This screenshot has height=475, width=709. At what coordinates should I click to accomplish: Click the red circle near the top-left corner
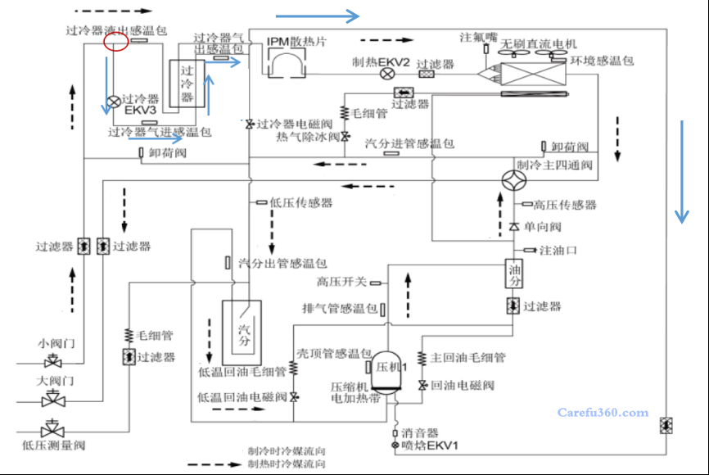pyautogui.click(x=116, y=43)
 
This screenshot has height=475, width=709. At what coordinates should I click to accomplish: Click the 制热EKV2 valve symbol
pyautogui.click(x=387, y=74)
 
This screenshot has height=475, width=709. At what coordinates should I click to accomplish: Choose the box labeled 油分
pyautogui.click(x=514, y=274)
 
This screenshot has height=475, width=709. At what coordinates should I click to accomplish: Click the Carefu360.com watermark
pyautogui.click(x=603, y=413)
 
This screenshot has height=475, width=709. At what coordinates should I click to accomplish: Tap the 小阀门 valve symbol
pyautogui.click(x=53, y=361)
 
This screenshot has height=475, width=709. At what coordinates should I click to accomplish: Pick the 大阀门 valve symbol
pyautogui.click(x=53, y=399)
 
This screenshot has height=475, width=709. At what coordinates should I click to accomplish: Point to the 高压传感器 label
pyautogui.click(x=565, y=205)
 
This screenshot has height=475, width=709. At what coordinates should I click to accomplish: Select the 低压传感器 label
pyautogui.click(x=300, y=202)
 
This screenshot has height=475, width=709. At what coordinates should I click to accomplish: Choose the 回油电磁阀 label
pyautogui.click(x=463, y=385)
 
